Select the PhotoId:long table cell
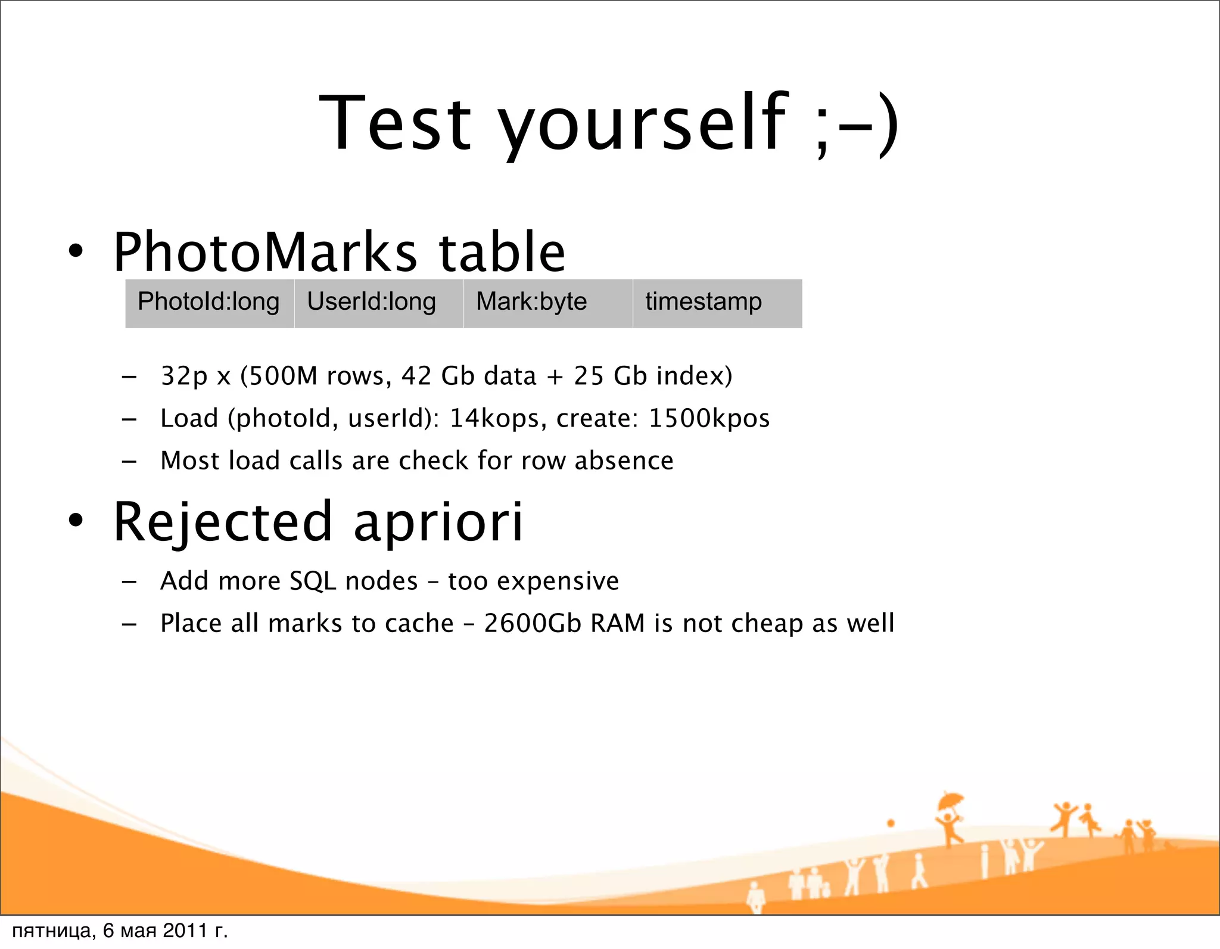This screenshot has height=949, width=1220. tap(208, 302)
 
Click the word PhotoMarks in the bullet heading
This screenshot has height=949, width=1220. tap(265, 252)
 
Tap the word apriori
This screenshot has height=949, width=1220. tap(438, 522)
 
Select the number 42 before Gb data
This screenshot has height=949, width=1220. tap(416, 376)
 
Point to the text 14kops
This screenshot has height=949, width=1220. tap(494, 418)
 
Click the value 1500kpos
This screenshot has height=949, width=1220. tap(709, 418)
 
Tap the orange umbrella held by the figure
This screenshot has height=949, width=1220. tap(950, 800)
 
